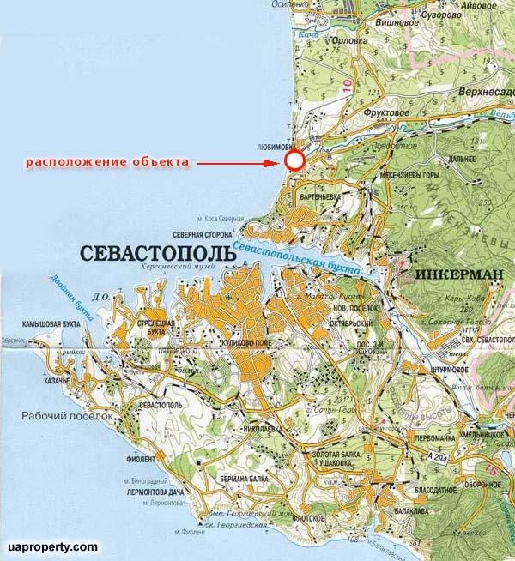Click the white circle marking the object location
pyautogui.click(x=294, y=160)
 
